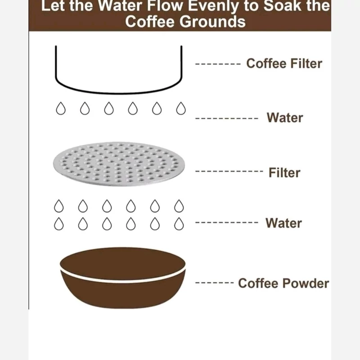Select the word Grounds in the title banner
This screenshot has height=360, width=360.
point(212,22)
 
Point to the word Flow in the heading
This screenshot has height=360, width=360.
point(165,5)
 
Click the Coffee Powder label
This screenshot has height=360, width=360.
point(283,283)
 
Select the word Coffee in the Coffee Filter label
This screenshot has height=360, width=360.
point(266,63)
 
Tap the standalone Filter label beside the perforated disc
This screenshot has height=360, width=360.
point(284,173)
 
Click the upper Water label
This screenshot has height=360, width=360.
point(285,118)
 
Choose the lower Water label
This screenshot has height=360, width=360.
point(283,223)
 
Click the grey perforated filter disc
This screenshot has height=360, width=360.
point(119,164)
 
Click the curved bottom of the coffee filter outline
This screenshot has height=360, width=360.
point(118,93)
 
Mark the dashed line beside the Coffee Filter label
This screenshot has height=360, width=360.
point(218,64)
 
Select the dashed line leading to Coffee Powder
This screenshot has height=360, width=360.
point(214,283)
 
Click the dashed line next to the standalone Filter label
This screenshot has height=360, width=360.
point(229,171)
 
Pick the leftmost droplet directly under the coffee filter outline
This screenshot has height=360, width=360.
point(61,108)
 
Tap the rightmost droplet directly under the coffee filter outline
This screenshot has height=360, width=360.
point(181,108)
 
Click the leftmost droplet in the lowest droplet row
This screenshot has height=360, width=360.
point(59,224)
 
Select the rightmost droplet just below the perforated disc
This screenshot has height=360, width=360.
point(179,206)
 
